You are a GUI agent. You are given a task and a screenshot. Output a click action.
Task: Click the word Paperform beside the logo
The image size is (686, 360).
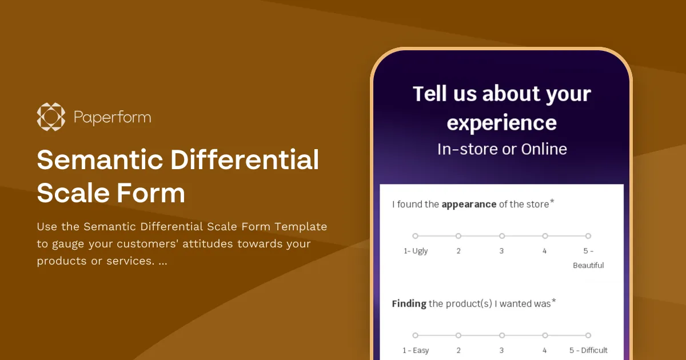(113, 118)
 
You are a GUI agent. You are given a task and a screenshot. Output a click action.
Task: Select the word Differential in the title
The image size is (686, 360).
(245, 160)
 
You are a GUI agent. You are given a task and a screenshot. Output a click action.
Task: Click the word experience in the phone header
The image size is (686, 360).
(501, 123)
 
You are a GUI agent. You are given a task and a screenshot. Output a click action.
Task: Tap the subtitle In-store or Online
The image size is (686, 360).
(502, 149)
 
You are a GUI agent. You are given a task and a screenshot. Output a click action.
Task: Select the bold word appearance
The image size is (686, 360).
(469, 204)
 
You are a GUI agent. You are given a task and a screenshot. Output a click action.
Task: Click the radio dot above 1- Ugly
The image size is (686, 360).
(416, 235)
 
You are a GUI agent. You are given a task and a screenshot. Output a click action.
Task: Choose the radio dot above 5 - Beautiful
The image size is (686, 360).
(588, 235)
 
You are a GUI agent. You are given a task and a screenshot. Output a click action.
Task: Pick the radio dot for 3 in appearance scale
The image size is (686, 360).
(502, 235)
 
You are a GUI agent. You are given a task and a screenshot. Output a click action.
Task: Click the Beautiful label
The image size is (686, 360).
(588, 265)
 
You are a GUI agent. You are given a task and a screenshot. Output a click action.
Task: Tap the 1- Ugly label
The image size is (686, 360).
(416, 251)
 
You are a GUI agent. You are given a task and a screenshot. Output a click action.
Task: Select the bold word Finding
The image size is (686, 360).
(409, 303)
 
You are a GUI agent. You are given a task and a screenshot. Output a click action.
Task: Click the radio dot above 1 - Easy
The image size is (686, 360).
(416, 335)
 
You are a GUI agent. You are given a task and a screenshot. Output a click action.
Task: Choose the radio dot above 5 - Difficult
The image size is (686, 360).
(588, 335)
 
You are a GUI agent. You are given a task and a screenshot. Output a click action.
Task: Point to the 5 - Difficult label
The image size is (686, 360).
(588, 350)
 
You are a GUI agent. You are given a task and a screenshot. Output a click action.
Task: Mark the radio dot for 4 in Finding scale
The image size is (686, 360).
(545, 335)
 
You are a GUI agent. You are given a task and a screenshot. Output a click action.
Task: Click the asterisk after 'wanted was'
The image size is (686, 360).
(554, 301)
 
